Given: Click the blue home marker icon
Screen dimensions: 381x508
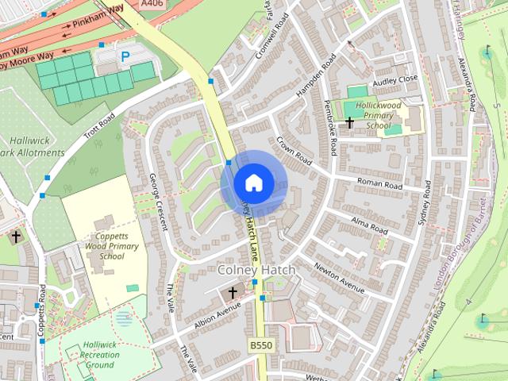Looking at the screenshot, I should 253,182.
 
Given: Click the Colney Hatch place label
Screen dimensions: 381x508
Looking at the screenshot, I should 256,271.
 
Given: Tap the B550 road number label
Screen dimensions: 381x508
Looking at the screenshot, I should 260,346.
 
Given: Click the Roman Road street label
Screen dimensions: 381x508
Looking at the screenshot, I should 379,183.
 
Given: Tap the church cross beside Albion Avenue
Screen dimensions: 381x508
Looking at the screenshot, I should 233,293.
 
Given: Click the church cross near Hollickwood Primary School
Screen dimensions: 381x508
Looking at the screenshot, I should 349,123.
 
